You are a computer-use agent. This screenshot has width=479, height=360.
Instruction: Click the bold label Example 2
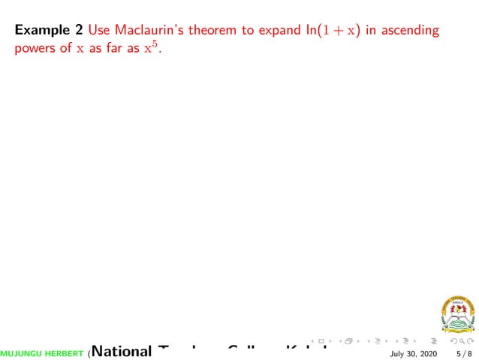click(48, 31)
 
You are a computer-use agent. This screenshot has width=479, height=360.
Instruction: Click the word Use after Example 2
click(98, 31)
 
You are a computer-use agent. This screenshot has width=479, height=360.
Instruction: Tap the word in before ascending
click(371, 31)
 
